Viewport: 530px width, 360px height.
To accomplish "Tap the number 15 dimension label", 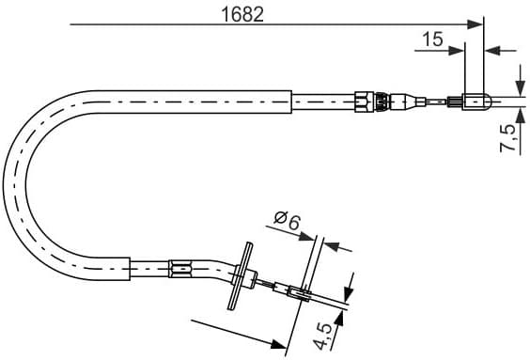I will [432, 39].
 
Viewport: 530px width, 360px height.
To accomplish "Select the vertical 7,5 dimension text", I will [509, 138].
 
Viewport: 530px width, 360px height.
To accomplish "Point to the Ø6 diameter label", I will [286, 222].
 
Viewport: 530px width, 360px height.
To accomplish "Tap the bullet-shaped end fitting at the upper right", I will [475, 98].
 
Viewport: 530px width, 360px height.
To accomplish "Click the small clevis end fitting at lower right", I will [299, 293].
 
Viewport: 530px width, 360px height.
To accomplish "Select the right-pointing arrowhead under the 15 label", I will [458, 49].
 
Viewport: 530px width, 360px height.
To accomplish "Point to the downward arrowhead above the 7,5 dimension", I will [520, 80].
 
